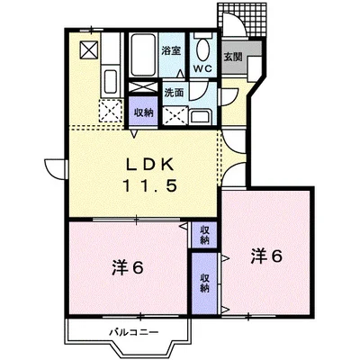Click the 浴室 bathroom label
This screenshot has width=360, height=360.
tap(171, 50)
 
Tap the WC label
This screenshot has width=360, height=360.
tap(202, 68)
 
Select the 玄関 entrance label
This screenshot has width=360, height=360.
tap(233, 57)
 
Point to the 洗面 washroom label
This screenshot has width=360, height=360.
tap(174, 93)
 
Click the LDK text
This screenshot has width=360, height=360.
tap(149, 165)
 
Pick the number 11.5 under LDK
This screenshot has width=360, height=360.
tap(149, 186)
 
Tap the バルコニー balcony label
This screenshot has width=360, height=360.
tap(133, 332)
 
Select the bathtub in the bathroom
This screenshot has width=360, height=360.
tap(143, 55)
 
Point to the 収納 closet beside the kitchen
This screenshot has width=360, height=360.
tap(143, 111)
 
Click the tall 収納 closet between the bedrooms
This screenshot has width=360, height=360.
tap(204, 283)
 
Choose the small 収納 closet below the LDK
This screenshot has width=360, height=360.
tap(204, 235)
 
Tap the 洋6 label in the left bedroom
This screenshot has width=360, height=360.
tap(128, 267)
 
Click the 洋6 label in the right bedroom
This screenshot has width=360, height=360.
tap(266, 256)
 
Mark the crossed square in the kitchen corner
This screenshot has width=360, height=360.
tap(89, 49)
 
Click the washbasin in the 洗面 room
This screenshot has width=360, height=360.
tap(201, 116)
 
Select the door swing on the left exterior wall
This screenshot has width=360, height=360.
tap(55, 169)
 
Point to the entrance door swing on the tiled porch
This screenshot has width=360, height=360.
tap(235, 24)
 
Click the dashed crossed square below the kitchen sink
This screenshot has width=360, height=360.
tap(111, 111)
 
